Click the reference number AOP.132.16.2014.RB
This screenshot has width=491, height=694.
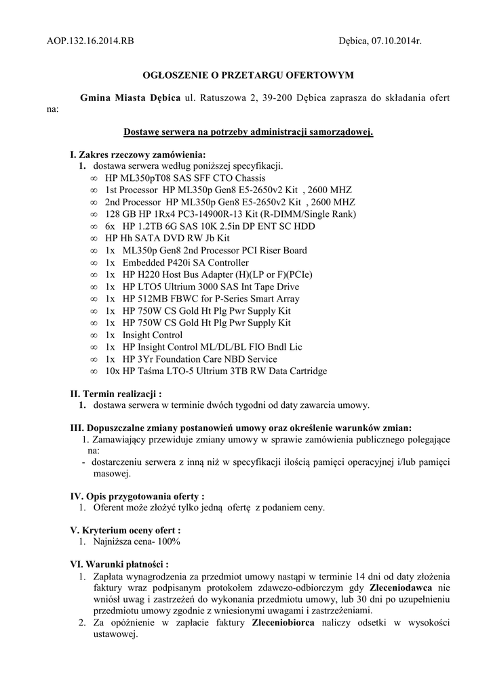click(x=90, y=41)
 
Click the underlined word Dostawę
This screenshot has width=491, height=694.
click(x=144, y=132)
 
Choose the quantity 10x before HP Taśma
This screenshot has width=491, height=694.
click(x=113, y=371)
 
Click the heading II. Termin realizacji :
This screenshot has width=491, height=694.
click(x=116, y=394)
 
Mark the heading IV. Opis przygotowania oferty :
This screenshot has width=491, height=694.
click(x=138, y=496)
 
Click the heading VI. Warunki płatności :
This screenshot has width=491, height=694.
click(x=119, y=564)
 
